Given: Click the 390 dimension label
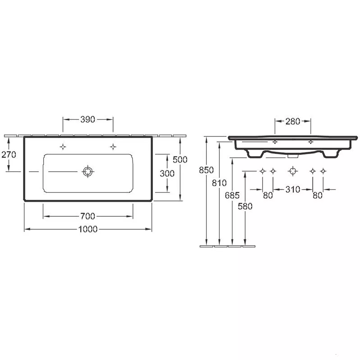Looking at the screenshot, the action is pos(88,119).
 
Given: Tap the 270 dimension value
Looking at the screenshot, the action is pos(9,155).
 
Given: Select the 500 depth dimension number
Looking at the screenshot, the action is pos(180,159).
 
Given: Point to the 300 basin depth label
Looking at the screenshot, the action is pos(167,173).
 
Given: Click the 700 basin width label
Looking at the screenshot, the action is pos(88,216).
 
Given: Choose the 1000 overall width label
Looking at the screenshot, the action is pos(88,229).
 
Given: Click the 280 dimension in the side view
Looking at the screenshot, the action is pos(293,122).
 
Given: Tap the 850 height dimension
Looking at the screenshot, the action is pos(206,170).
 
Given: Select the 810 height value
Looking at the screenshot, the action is pos(219,183).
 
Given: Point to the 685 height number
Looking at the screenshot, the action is pos(232,196).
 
